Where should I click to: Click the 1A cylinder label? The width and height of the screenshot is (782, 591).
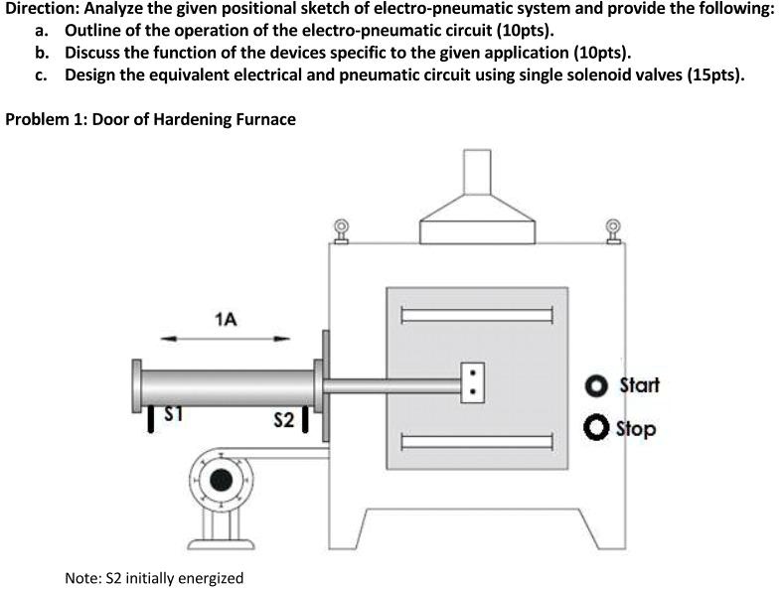(226, 319)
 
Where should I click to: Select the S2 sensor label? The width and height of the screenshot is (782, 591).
(282, 420)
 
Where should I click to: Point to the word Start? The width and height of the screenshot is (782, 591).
(638, 384)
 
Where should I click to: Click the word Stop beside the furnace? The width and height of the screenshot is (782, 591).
(636, 429)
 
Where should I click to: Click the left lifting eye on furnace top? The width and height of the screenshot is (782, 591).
(341, 230)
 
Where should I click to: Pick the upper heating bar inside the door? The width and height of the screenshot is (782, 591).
(476, 316)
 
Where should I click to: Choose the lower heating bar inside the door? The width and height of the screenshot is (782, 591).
(476, 439)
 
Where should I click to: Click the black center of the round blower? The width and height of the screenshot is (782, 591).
(221, 482)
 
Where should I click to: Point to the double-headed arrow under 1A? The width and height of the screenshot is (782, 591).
(226, 340)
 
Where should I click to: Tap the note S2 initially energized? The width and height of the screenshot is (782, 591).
(153, 577)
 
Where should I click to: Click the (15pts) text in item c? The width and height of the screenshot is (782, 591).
(713, 75)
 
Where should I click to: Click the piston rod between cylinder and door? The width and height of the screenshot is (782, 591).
(392, 385)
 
